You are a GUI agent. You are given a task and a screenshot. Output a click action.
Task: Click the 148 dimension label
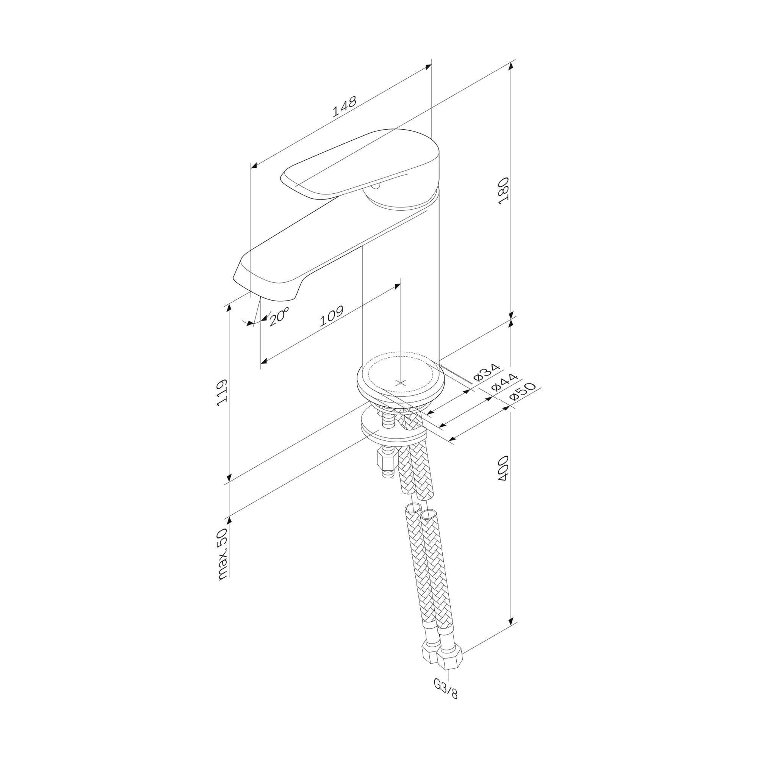pyautogui.click(x=345, y=106)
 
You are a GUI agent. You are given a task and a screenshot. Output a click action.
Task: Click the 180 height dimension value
pyautogui.click(x=503, y=191)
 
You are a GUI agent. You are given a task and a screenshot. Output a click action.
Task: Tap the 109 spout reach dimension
pyautogui.click(x=332, y=316)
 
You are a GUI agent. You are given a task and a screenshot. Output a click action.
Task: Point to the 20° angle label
pyautogui.click(x=279, y=316)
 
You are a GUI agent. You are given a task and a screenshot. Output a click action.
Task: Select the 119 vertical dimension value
pyautogui.click(x=222, y=392)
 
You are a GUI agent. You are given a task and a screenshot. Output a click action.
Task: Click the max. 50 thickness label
pyautogui.click(x=222, y=554)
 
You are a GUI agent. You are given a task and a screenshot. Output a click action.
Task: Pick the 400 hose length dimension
pyautogui.click(x=503, y=468)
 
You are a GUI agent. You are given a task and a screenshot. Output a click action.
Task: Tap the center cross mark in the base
pyautogui.click(x=400, y=382)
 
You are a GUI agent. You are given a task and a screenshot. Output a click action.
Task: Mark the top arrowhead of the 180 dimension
pyautogui.click(x=511, y=66)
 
